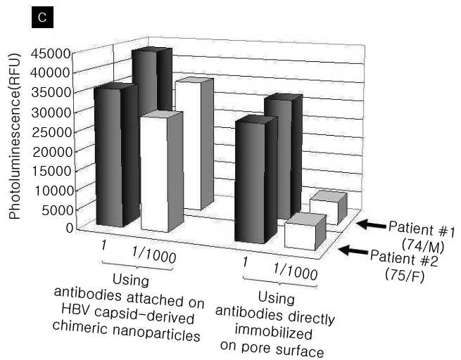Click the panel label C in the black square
(42, 17)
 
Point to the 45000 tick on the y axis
(51, 53)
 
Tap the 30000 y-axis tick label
(51, 112)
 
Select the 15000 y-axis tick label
(51, 171)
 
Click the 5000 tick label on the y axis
(56, 210)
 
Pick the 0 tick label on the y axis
(70, 228)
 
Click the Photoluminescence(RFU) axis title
(15, 136)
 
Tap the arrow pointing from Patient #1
(372, 224)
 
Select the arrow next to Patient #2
(353, 250)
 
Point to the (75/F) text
(405, 276)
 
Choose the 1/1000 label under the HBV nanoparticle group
(153, 255)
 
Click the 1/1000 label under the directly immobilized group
(295, 271)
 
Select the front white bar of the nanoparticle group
(162, 172)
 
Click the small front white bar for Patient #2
(305, 232)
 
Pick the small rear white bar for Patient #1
(329, 207)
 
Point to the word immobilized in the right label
(273, 333)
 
